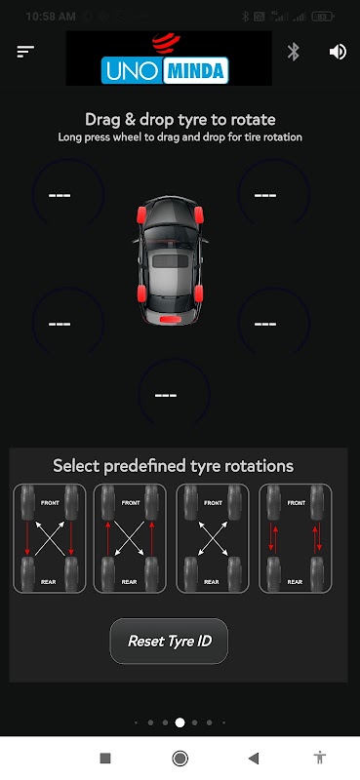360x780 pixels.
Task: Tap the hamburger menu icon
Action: (x=25, y=52)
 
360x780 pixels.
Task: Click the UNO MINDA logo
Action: (x=169, y=58)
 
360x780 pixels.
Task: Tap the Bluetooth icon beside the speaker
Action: (x=294, y=52)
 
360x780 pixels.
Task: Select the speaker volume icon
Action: (x=338, y=52)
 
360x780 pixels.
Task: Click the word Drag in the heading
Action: (x=102, y=120)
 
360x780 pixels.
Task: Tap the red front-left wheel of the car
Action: (x=141, y=214)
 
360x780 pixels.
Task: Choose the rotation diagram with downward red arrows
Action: (x=50, y=538)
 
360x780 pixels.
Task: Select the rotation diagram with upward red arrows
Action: (x=130, y=538)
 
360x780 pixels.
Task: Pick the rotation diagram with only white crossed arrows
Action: (x=213, y=538)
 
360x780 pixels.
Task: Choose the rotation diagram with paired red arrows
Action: (x=296, y=538)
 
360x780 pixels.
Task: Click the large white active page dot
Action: (x=180, y=722)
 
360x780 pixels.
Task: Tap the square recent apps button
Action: (x=105, y=758)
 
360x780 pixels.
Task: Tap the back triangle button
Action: (x=254, y=758)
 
